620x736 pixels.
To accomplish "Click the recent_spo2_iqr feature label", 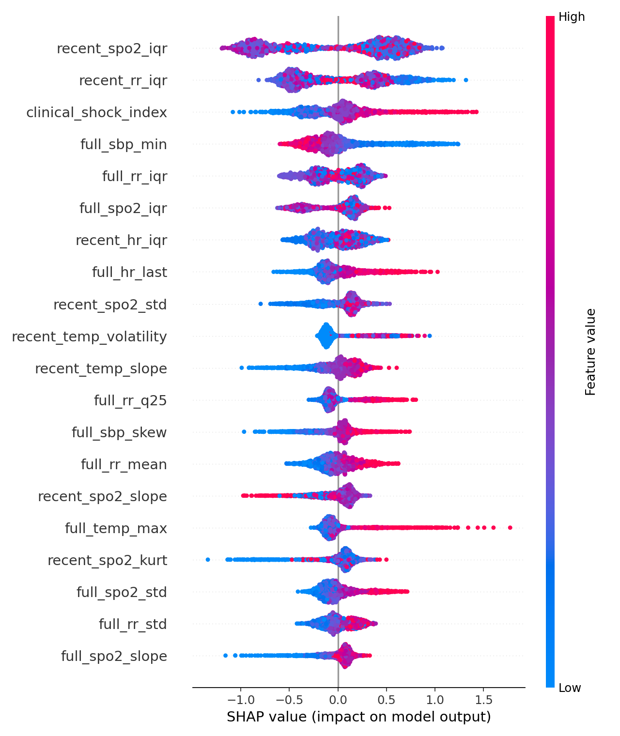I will pos(112,48).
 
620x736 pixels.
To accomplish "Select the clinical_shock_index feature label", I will pos(96,113).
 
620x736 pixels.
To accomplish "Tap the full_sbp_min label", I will pos(124,145).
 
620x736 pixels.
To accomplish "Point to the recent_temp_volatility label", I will pos(89,337).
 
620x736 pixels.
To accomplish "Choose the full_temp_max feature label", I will pos(116,528).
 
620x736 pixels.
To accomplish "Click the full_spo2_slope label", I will pos(114,656).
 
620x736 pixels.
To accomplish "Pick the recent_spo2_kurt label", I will pos(107,560).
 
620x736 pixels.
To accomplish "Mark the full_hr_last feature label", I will pos(129,273).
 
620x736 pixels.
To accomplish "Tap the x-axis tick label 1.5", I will pos(484,700).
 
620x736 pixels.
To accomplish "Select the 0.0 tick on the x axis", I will pos(338,700).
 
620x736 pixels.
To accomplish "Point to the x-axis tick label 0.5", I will pos(387,700).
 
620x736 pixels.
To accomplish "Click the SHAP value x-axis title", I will pos(358,717).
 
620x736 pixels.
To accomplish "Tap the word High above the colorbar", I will pos(572,17).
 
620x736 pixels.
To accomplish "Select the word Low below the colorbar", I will pos(570,688).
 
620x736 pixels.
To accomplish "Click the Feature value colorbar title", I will pos(590,352).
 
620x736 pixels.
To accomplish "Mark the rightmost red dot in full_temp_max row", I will pos(510,527).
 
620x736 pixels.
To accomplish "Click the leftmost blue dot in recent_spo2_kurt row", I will pos(208,559).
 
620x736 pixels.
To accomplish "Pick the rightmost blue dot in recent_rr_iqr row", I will pos(465,80).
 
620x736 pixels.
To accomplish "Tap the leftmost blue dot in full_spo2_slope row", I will pos(225,655).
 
